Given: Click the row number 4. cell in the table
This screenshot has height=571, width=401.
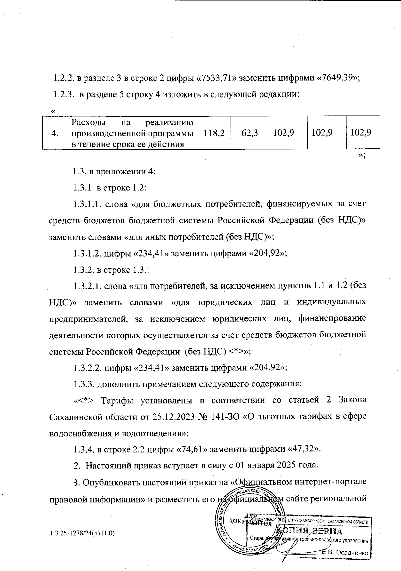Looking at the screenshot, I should [x=55, y=133].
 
